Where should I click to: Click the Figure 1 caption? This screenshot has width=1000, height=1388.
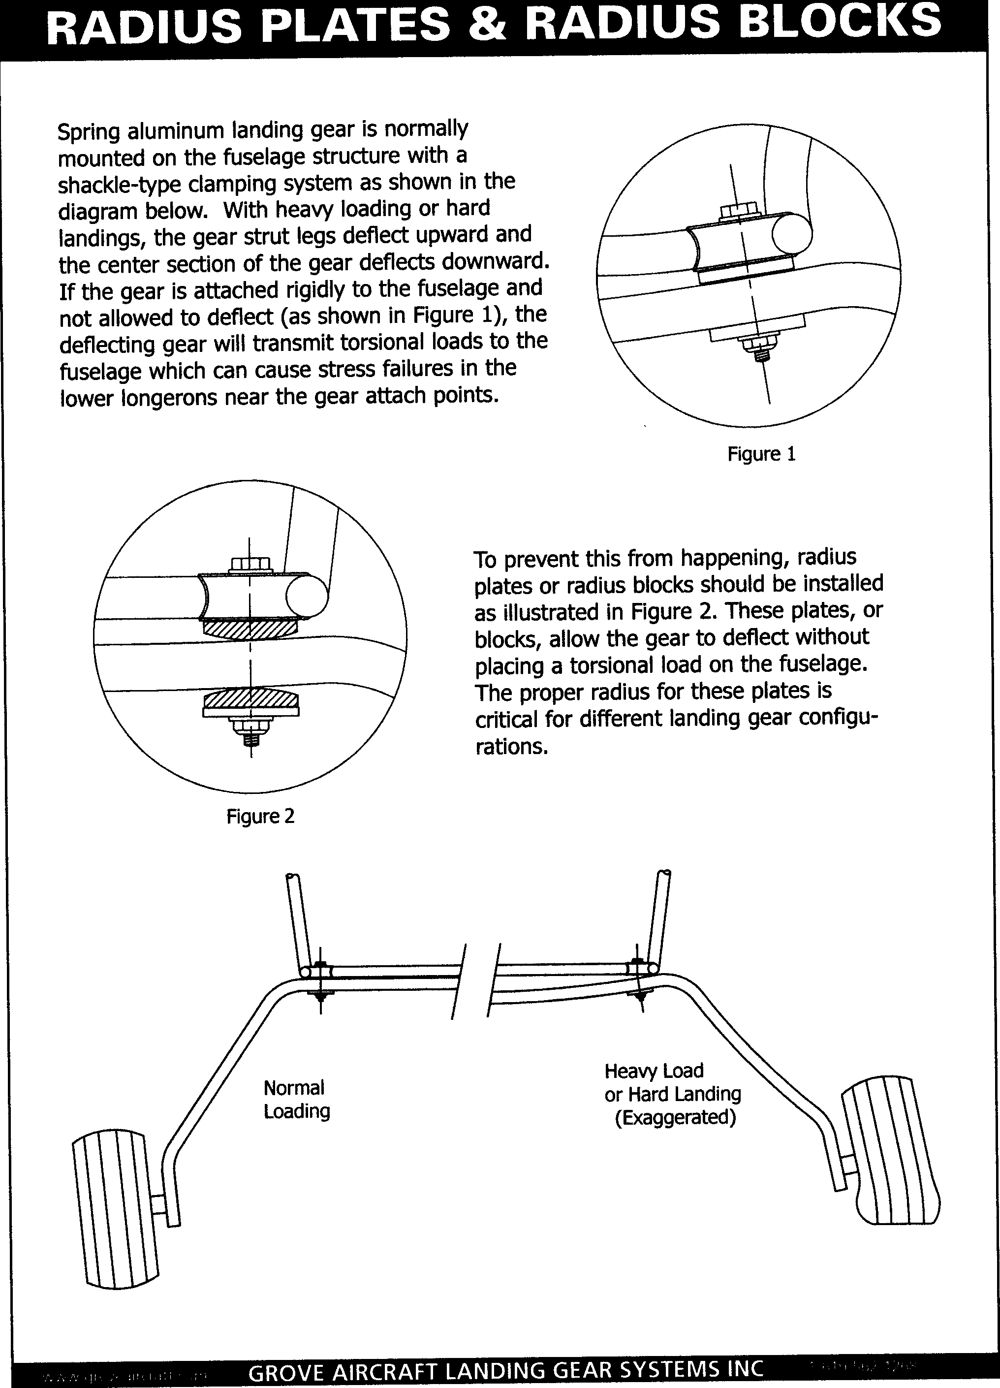[761, 454]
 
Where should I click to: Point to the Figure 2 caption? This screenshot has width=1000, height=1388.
[261, 817]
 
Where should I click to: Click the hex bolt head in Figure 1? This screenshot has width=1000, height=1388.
[738, 211]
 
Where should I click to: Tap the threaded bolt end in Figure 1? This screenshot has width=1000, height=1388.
[762, 354]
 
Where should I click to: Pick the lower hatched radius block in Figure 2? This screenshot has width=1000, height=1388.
[250, 698]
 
